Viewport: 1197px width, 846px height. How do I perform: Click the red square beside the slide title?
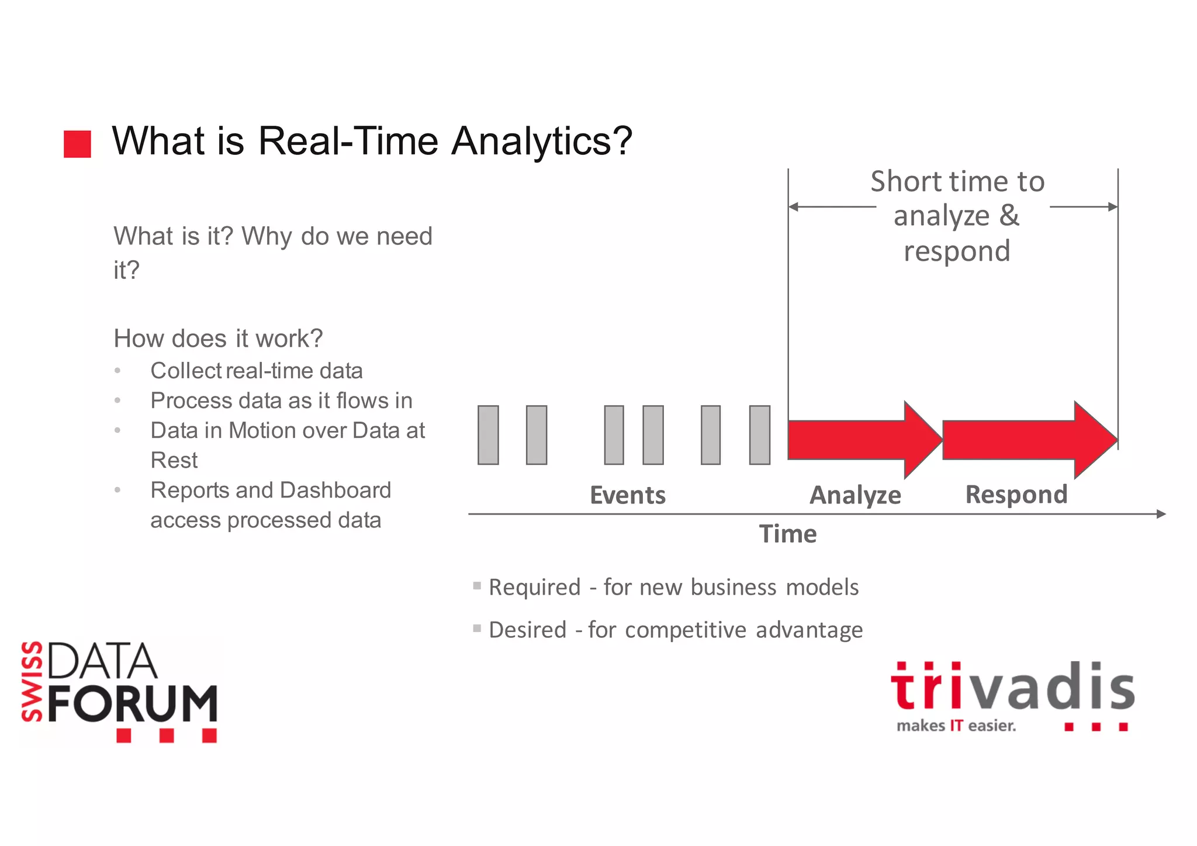coord(77,144)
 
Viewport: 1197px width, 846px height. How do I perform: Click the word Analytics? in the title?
coord(542,141)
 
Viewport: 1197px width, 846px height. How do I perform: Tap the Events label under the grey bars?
coord(627,495)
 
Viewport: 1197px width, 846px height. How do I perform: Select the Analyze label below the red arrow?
coord(855,495)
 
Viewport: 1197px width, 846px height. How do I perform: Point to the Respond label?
coord(1016,495)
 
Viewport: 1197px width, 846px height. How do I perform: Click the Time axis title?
coord(787,534)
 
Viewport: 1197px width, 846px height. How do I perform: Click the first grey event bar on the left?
coord(488,435)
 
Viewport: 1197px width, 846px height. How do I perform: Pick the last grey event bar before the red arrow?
coord(759,435)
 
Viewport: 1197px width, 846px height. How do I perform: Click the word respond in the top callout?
coord(957,251)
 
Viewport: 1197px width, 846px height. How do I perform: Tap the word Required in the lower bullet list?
coord(534,587)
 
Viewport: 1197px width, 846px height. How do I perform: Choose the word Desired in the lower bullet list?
coord(527,630)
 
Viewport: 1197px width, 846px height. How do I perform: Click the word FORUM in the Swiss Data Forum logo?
coord(132,703)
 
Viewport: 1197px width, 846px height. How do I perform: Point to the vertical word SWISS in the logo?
coord(32,681)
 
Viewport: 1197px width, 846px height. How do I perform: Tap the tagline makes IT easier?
coord(956,726)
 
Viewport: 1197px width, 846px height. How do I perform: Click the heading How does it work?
coord(218,339)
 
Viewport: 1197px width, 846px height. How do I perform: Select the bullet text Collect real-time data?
coord(256,371)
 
